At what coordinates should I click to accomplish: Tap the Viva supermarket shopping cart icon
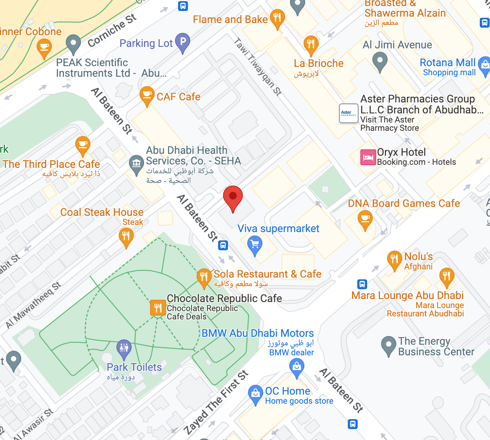tap(255, 244)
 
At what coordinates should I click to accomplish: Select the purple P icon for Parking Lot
tap(183, 42)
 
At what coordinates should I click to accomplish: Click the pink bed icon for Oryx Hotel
tap(368, 157)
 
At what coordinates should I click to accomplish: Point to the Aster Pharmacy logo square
tap(348, 113)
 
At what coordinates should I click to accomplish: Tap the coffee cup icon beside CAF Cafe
tap(147, 95)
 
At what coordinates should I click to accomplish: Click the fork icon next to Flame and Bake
tap(277, 18)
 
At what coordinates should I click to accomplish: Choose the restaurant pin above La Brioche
tap(311, 44)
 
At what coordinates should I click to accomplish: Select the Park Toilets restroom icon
tap(124, 347)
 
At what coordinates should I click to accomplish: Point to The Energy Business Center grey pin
tap(388, 345)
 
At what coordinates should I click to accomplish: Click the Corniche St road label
tap(112, 31)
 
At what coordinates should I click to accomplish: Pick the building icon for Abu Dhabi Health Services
tap(136, 164)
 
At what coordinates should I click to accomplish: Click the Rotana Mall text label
tap(448, 63)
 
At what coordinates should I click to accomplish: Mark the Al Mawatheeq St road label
tap(33, 305)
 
